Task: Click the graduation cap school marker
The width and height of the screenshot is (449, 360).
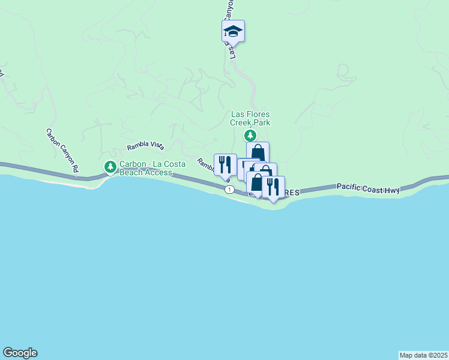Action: pyautogui.click(x=233, y=31)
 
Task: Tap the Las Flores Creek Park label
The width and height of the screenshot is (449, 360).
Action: pyautogui.click(x=250, y=118)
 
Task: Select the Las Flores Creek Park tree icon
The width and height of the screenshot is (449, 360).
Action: pyautogui.click(x=250, y=136)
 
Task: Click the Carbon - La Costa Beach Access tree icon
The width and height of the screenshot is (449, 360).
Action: pyautogui.click(x=110, y=167)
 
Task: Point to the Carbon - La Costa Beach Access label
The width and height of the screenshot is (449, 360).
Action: pyautogui.click(x=146, y=168)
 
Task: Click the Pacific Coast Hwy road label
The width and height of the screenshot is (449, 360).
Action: pyautogui.click(x=368, y=189)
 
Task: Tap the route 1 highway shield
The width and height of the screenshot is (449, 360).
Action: pyautogui.click(x=229, y=189)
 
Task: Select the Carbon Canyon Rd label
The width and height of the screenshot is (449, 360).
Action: pyautogui.click(x=62, y=151)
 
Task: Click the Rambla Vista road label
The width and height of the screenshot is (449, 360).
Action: pyautogui.click(x=145, y=146)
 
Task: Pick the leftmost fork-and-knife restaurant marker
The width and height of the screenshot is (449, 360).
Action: pyautogui.click(x=225, y=164)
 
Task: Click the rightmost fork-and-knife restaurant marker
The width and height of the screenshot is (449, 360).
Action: pyautogui.click(x=273, y=187)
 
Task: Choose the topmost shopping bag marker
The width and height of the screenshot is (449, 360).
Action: pyautogui.click(x=258, y=152)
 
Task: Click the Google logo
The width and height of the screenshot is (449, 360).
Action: pyautogui.click(x=20, y=353)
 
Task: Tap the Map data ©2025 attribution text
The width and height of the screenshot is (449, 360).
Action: pyautogui.click(x=423, y=355)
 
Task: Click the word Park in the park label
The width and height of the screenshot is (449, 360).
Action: pyautogui.click(x=261, y=122)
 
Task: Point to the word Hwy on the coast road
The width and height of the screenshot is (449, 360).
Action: pyautogui.click(x=393, y=190)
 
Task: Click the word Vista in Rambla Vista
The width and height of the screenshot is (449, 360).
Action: pyautogui.click(x=155, y=146)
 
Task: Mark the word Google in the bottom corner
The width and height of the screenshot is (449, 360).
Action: pyautogui.click(x=20, y=353)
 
